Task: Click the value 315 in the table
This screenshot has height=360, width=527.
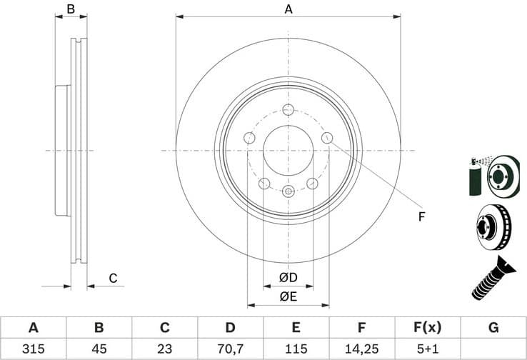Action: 33,349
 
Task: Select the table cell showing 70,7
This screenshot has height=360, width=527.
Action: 230,349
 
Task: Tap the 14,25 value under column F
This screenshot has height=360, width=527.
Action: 362,349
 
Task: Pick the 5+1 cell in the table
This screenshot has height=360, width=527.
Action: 428,349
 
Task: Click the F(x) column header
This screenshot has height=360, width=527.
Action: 428,328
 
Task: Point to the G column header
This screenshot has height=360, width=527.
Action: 493,328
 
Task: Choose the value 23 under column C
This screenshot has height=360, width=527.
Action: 164,349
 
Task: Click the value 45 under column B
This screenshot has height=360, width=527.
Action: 99,349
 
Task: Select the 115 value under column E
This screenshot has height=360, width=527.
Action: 296,349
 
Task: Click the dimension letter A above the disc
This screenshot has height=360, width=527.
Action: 288,9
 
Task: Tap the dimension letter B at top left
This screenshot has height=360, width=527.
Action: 71,9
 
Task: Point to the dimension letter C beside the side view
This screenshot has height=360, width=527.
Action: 112,279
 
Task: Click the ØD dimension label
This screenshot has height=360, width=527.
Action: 288,277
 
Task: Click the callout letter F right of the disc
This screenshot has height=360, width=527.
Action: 421,216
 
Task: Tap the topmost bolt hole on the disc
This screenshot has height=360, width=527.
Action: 288,109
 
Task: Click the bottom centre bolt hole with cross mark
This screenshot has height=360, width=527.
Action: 288,191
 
